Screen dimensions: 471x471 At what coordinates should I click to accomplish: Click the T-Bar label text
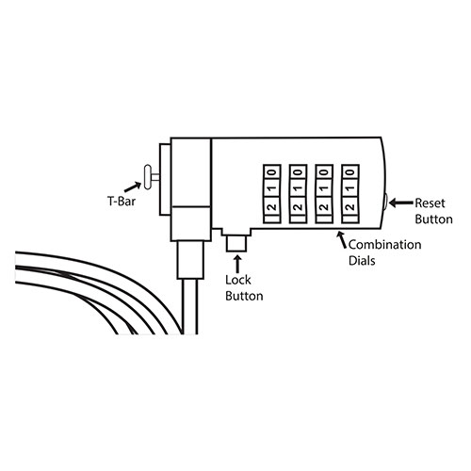coord(122,202)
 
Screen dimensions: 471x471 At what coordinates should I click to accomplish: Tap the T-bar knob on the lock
coord(147,177)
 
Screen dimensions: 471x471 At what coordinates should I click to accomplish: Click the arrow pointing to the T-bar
coord(133,187)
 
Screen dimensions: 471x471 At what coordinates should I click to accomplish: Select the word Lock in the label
coord(238,280)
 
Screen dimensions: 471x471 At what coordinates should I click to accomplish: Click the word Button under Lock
coord(244,296)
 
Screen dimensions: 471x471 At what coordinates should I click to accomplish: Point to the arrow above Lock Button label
coord(237,265)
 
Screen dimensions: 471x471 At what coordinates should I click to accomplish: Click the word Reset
coord(430,203)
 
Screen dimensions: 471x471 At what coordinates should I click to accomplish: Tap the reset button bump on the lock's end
coord(385,202)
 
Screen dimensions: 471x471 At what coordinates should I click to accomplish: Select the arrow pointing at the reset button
coord(401,203)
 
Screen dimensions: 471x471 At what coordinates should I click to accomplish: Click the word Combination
coord(385,245)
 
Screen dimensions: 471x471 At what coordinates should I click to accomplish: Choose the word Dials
coord(362,261)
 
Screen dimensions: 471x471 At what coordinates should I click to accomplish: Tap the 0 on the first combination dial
coord(272,172)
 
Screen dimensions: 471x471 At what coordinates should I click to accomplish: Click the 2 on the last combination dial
coord(350,207)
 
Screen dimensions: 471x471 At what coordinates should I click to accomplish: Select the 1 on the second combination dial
coord(299,188)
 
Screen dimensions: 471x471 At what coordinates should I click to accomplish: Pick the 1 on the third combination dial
coord(324,188)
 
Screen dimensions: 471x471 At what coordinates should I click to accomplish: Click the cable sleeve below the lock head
coord(190,260)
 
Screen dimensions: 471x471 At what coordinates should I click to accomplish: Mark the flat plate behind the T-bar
coord(165,179)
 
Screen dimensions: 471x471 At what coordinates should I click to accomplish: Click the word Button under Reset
coord(434,219)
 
